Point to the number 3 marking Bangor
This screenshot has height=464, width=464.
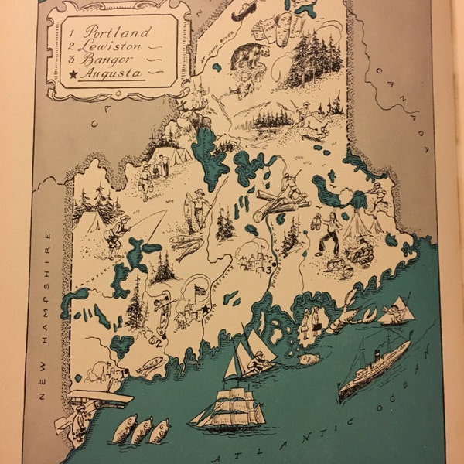(268, 270)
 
